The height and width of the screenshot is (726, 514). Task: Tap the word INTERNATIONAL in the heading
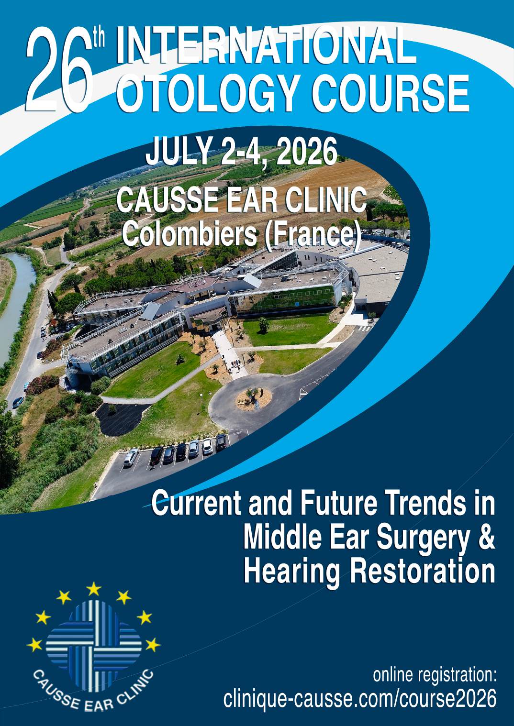(x=265, y=46)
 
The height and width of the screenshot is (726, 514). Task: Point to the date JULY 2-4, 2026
(x=241, y=151)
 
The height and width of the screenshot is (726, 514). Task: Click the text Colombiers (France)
(x=241, y=234)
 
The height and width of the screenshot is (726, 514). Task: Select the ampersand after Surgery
(x=486, y=537)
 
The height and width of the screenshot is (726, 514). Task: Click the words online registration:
(x=435, y=675)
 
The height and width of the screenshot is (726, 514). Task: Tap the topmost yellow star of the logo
(x=94, y=588)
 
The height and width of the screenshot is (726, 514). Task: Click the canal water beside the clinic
(x=14, y=297)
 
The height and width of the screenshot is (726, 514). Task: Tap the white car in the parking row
(x=131, y=458)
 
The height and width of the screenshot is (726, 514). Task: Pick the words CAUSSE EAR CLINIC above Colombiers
(x=241, y=200)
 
